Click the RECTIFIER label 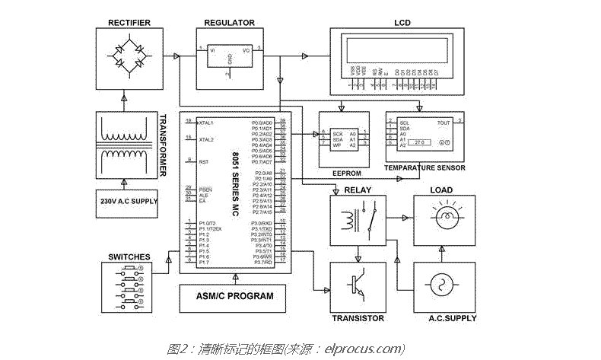126,22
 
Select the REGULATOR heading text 230,23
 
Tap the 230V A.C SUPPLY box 127,201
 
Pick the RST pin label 203,162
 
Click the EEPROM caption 346,173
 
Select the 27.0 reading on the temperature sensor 422,142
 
